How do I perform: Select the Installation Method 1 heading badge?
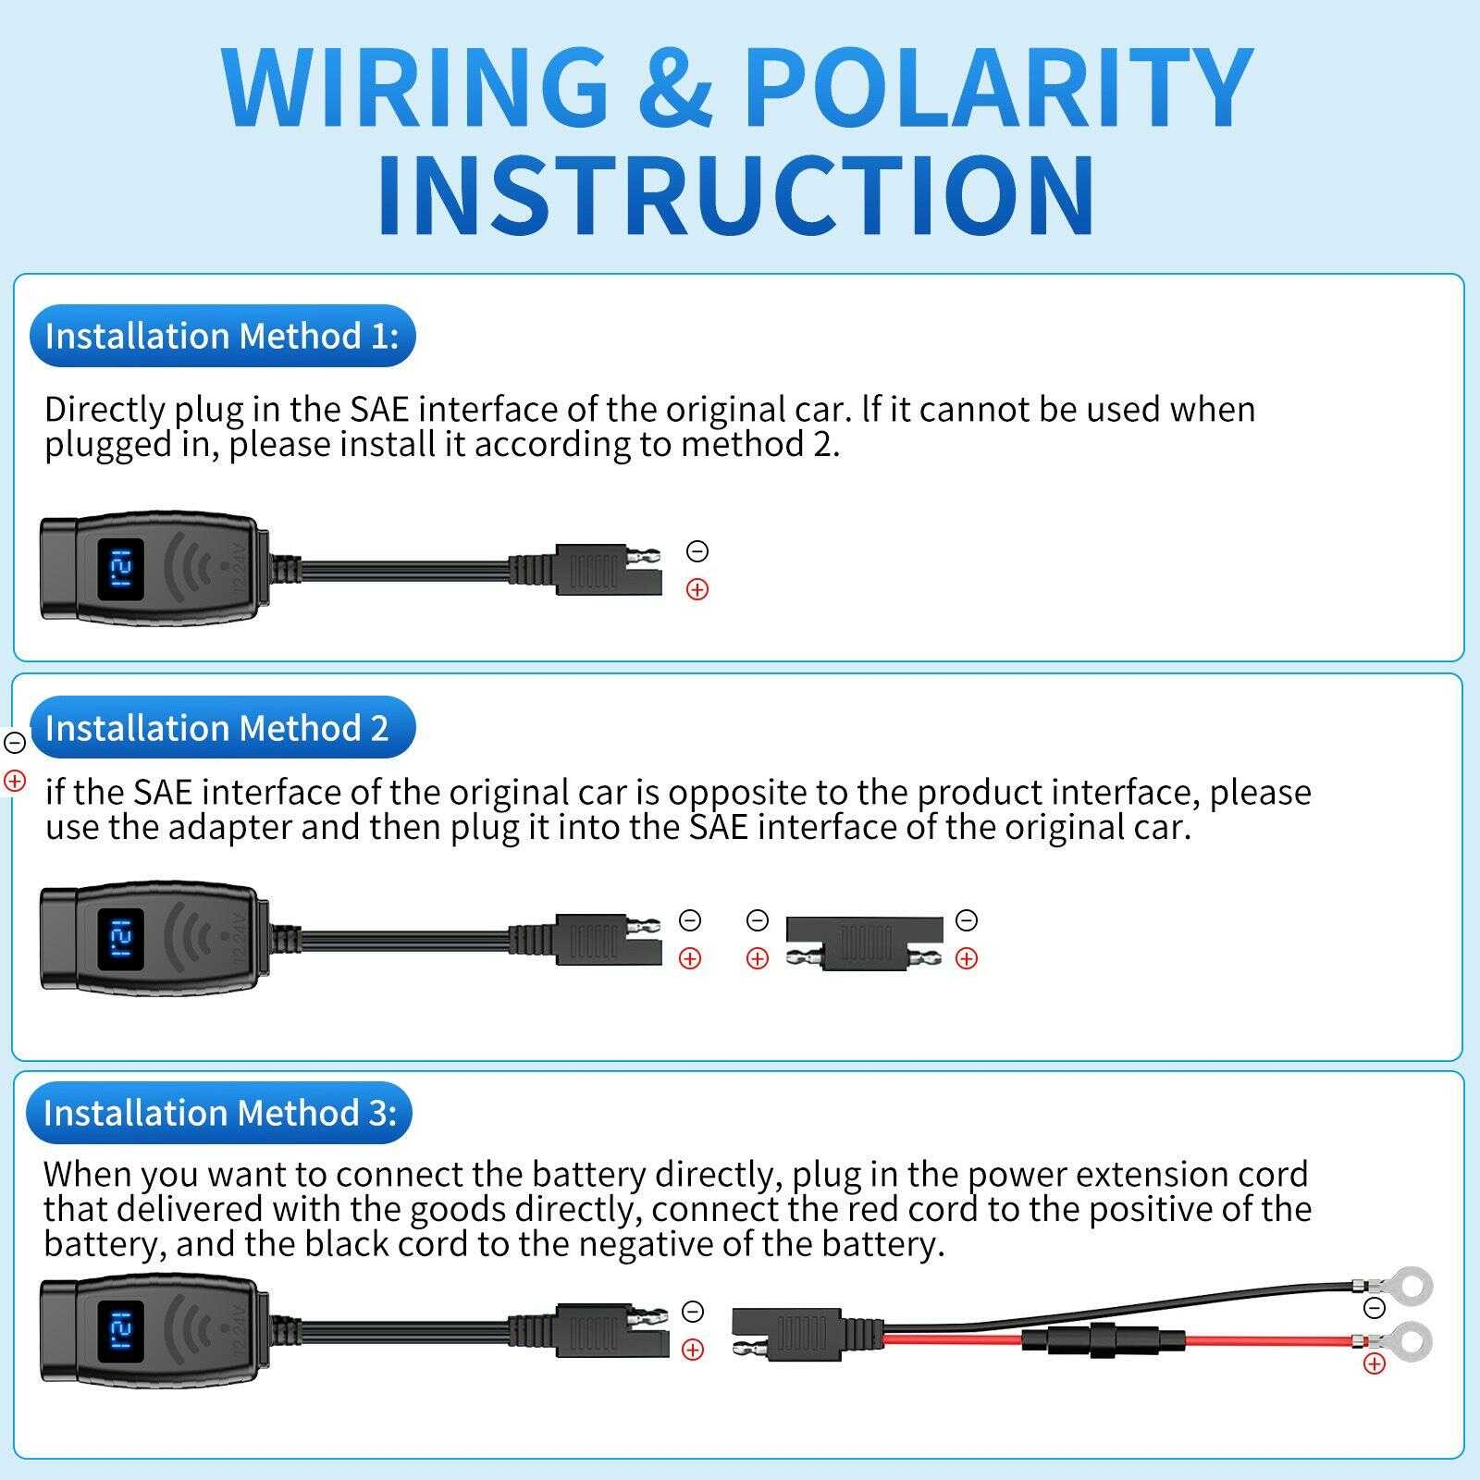click(x=222, y=336)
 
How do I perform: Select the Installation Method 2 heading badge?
click(x=222, y=728)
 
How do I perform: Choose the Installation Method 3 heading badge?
click(x=219, y=1112)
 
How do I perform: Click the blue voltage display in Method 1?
click(x=121, y=569)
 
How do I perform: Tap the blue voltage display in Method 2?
click(x=121, y=939)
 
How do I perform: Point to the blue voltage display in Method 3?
click(x=121, y=1331)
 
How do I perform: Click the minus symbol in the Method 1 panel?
click(x=697, y=551)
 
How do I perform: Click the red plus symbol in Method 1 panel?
click(x=697, y=589)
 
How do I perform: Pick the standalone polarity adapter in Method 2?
click(x=864, y=943)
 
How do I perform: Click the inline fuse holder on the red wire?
click(x=1105, y=1340)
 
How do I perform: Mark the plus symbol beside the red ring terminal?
click(x=1375, y=1363)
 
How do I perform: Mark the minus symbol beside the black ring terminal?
click(x=1375, y=1308)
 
